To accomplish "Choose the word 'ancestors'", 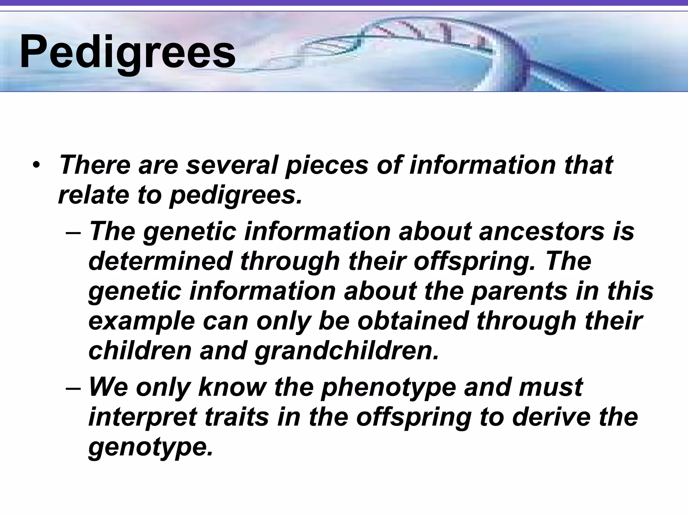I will [541, 232].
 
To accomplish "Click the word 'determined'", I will [160, 261].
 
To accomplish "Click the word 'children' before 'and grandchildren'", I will [140, 350].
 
